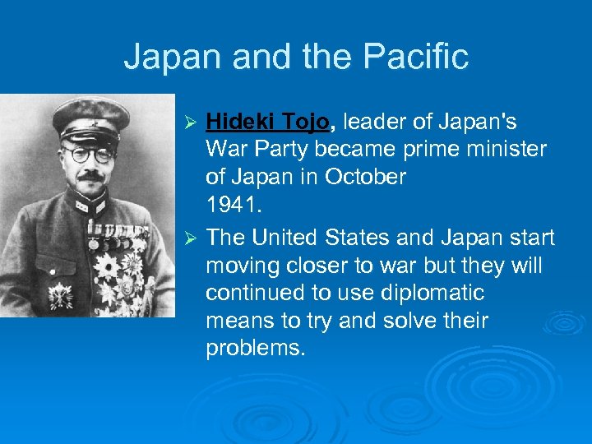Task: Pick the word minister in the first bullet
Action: click(x=499, y=150)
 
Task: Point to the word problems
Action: click(x=255, y=349)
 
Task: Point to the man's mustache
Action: click(x=90, y=175)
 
